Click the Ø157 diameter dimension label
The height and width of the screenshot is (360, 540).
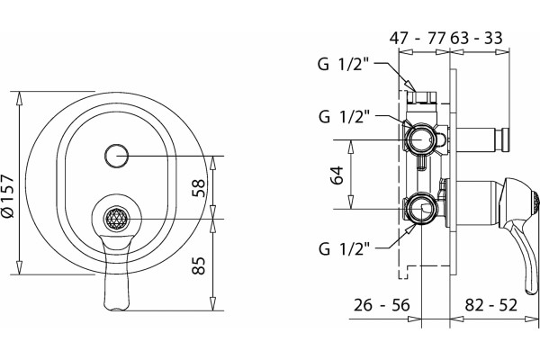[x=7, y=196]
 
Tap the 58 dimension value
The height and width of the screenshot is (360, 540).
[x=198, y=188]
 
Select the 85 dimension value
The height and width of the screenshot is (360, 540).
[x=198, y=265]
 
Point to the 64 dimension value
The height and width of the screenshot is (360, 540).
[x=337, y=175]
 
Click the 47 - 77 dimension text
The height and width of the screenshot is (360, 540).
[x=418, y=38]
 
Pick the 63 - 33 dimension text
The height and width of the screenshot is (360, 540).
[x=477, y=38]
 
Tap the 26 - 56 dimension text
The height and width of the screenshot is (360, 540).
[x=382, y=305]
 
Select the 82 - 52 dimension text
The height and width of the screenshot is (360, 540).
[x=491, y=305]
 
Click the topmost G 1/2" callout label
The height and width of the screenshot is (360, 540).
[x=343, y=64]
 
